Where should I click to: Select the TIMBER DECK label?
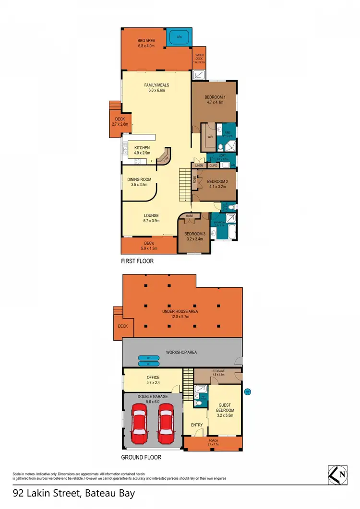pos(199,56)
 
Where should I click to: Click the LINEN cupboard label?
pos(199,166)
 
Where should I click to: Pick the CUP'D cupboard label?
pos(214,166)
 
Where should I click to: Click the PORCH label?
pos(212,441)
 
